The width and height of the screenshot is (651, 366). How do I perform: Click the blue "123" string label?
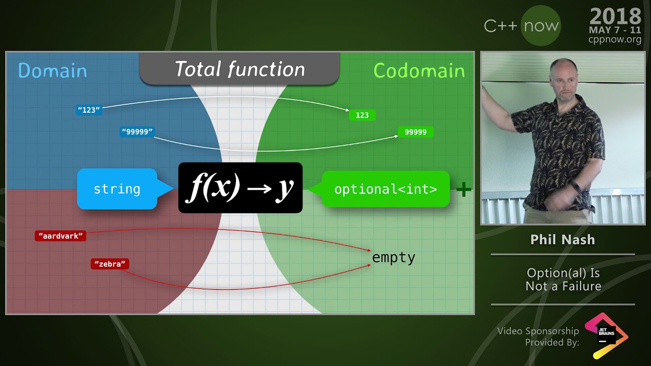click(x=89, y=110)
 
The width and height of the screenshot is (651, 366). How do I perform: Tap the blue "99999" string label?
click(x=137, y=132)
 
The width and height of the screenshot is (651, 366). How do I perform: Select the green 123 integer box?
click(x=362, y=115)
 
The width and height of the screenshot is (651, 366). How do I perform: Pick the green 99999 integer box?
click(x=416, y=132)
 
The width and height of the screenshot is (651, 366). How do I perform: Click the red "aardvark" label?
click(x=61, y=236)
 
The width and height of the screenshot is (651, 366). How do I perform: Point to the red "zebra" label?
click(x=110, y=264)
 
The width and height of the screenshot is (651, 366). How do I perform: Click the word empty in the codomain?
click(x=394, y=258)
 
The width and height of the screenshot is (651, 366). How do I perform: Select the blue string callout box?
click(x=117, y=189)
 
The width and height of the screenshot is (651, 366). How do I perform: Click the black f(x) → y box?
click(x=241, y=188)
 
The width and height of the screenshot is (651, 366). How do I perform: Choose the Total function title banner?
click(x=240, y=69)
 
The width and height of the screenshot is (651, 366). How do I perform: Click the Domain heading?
click(x=52, y=71)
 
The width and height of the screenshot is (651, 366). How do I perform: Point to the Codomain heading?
click(x=419, y=71)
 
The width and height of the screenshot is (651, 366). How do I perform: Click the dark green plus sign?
click(x=464, y=190)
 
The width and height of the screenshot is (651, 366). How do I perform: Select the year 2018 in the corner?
click(x=615, y=16)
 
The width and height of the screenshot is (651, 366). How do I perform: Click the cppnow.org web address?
click(x=615, y=39)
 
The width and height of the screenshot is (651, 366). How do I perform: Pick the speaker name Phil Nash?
click(x=563, y=239)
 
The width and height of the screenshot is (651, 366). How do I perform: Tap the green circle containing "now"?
click(x=541, y=25)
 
